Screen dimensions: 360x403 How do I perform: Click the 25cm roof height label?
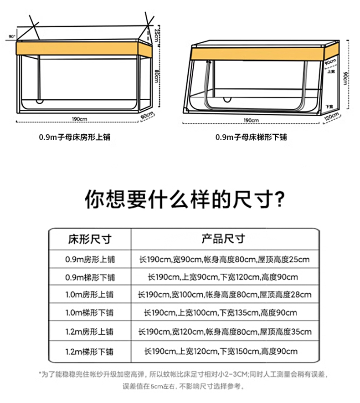(156, 35)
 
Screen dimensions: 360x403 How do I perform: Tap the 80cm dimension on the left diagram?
(156, 76)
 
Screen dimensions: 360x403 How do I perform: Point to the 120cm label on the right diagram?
(332, 117)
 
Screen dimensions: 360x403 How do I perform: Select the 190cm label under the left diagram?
(79, 119)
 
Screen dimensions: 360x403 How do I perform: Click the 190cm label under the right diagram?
(251, 120)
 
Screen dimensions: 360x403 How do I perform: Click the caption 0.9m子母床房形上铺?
(75, 137)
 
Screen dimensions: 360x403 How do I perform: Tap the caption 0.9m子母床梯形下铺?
(251, 137)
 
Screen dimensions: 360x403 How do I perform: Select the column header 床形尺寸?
(90, 239)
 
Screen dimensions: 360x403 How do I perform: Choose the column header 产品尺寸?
(223, 239)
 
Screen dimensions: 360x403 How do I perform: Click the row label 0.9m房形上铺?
(90, 259)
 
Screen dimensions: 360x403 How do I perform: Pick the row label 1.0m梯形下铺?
(89, 313)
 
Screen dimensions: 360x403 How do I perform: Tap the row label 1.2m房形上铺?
(89, 332)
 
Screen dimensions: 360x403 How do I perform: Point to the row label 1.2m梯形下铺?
(89, 352)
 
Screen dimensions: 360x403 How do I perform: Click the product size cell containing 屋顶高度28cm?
(225, 295)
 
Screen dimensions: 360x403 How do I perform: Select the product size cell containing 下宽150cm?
(221, 352)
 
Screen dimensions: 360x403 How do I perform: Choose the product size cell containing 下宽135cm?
(221, 313)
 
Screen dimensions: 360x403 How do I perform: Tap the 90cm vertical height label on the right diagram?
(345, 78)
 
